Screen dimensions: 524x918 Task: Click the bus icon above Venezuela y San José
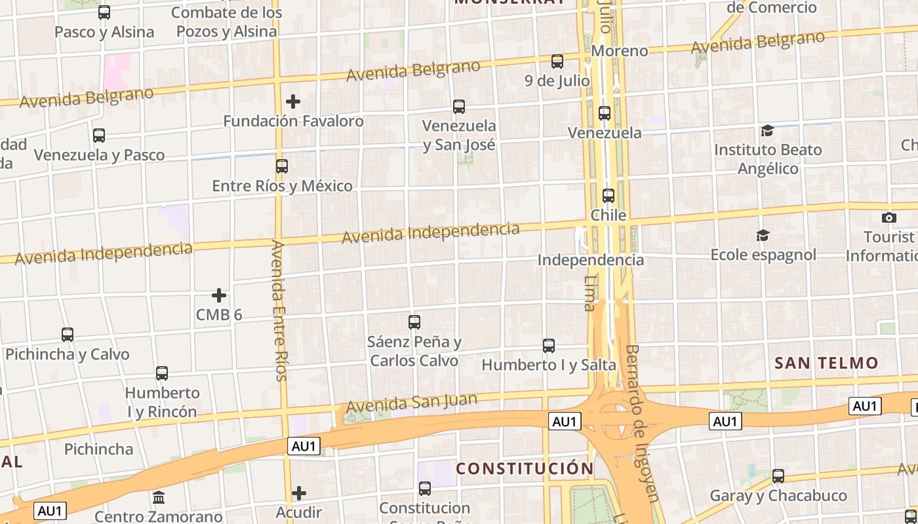459,106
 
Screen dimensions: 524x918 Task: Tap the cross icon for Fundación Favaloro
293,102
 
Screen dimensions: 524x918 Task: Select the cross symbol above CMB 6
219,295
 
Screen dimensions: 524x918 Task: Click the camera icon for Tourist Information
889,217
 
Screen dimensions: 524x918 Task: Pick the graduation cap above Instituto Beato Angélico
767,131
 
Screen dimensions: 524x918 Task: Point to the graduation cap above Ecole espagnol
763,235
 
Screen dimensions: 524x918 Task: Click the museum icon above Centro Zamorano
159,498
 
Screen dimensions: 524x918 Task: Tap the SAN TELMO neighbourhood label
826,363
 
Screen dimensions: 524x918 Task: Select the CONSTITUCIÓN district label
525,468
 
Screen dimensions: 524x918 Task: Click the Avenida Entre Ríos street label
280,310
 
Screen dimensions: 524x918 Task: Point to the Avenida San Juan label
412,402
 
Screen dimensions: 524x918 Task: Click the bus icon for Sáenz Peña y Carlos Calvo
414,322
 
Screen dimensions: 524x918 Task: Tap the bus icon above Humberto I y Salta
549,345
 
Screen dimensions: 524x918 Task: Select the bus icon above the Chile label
609,195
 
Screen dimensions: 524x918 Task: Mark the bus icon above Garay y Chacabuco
778,476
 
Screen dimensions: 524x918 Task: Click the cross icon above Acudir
299,493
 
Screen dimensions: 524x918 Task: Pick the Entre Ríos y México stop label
282,186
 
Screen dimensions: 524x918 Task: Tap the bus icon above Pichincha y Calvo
68,335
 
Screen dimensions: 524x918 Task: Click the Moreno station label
620,51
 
